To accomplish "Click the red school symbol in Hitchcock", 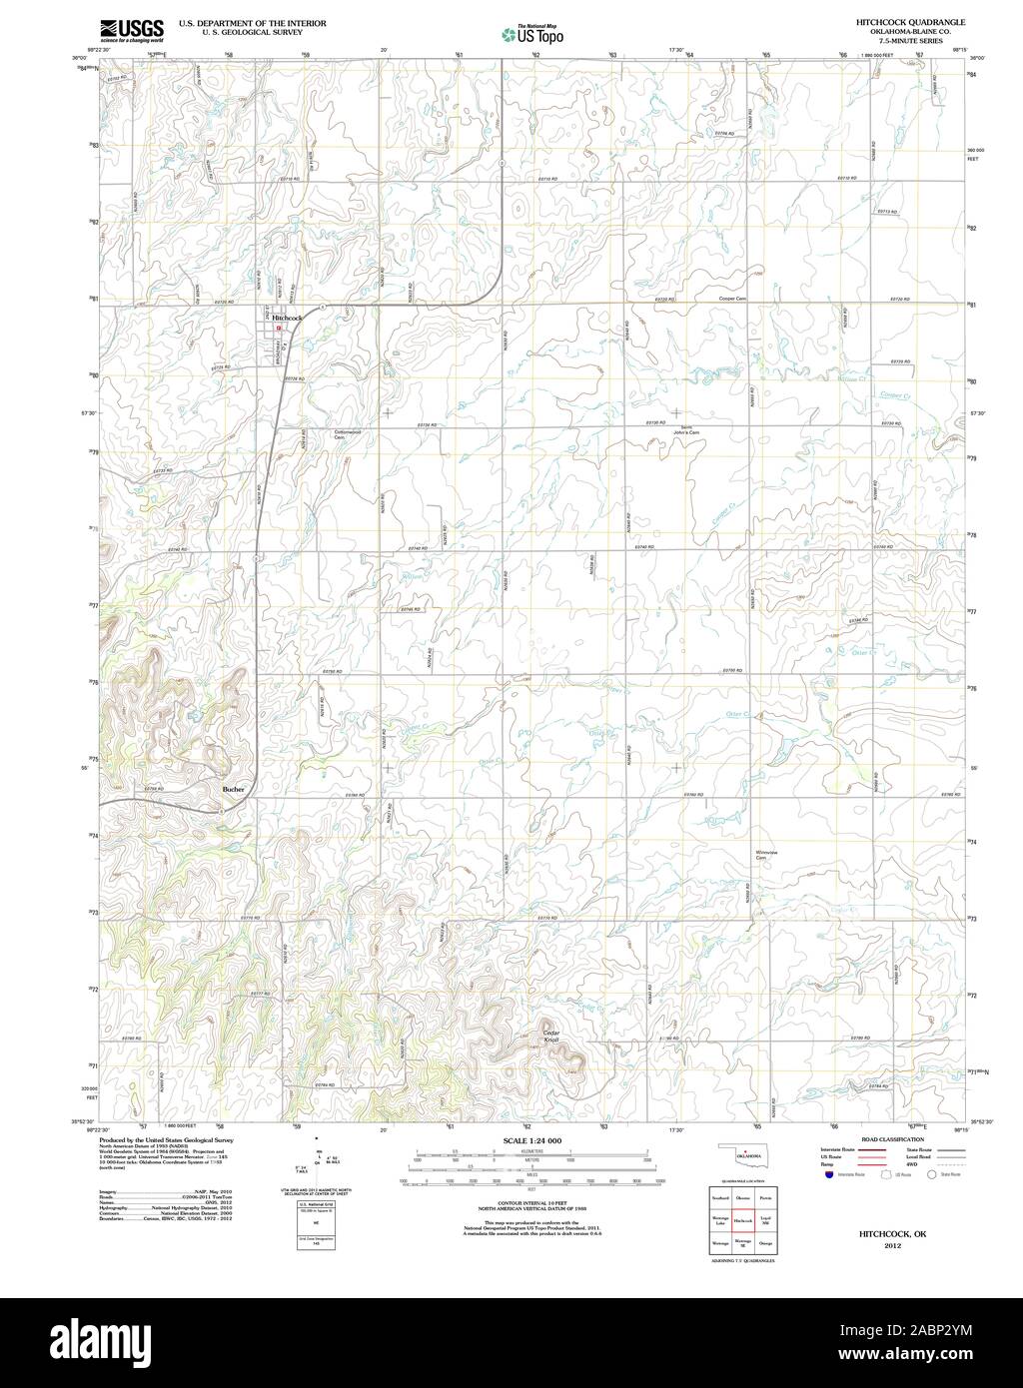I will point(279,327).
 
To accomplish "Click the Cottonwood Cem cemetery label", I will point(346,435).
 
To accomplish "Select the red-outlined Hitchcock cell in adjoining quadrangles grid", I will point(742,1220).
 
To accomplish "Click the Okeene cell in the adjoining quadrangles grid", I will point(742,1197).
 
